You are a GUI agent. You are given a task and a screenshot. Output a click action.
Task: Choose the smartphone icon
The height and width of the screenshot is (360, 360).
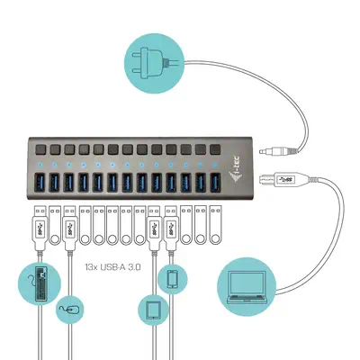[172, 279]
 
